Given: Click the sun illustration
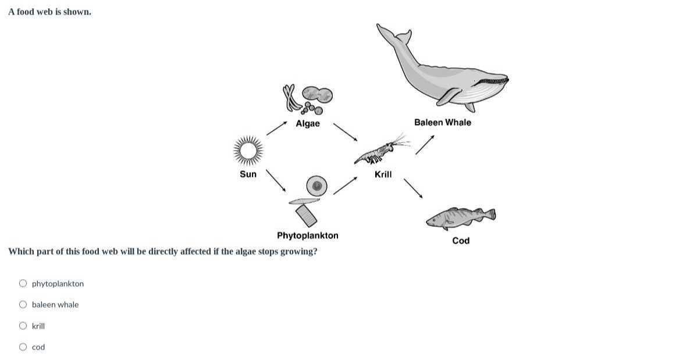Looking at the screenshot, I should coord(248,151).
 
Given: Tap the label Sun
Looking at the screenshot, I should coord(248,174).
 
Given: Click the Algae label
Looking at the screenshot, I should coord(308,123).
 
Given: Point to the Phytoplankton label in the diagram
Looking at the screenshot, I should coord(307,236).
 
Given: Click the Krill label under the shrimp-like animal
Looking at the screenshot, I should coord(383,174).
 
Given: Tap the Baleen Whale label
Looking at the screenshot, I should coord(443,122).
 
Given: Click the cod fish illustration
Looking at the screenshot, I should coord(460,218).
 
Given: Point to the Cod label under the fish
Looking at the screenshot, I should coord(461,241).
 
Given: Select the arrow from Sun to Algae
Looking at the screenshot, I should coord(277,128).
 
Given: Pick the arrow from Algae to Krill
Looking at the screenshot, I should coord(345,131).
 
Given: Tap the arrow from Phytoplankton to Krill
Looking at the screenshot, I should coord(345,186).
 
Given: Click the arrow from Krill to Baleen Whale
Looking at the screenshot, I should coord(425,145).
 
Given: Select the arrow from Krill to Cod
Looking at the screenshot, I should coord(413,188).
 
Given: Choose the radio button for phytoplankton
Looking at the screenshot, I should coord(23,284).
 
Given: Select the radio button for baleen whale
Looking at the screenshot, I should coord(23,305).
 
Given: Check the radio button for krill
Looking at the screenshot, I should coord(23,326).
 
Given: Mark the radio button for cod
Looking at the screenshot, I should coord(23,347).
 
